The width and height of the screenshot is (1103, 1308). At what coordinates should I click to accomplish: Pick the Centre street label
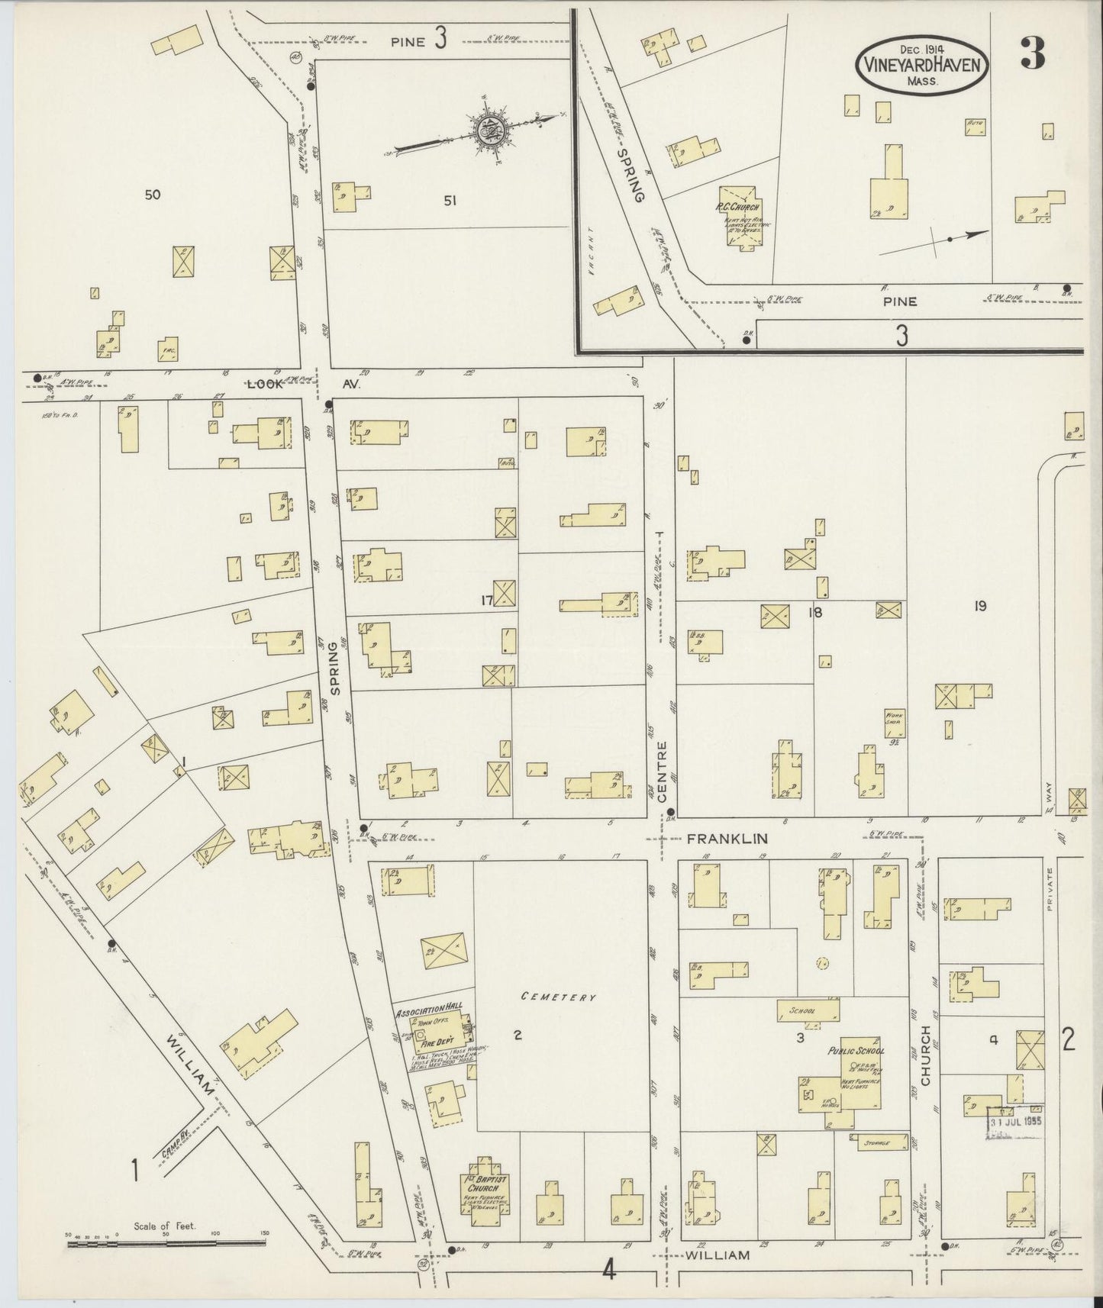coord(661,767)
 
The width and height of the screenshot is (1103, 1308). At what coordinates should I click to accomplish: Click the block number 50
coord(153,195)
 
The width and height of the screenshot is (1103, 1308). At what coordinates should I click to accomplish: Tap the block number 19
coord(980,606)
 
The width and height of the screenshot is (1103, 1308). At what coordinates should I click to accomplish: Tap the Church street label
coord(926,1055)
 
